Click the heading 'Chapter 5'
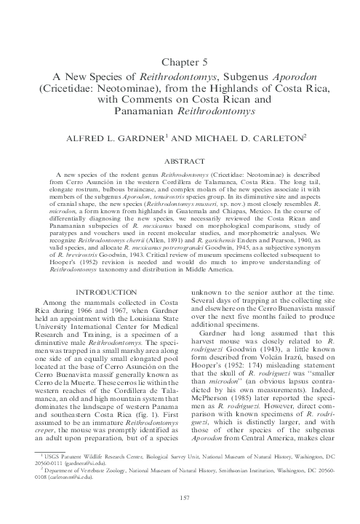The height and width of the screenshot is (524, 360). tap(180, 61)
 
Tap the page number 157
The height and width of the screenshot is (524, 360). tap(180, 497)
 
